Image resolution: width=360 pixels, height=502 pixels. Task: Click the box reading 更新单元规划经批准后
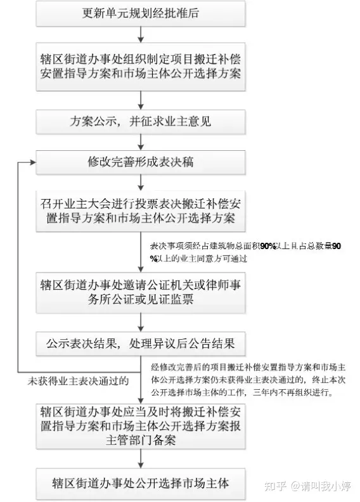(141, 14)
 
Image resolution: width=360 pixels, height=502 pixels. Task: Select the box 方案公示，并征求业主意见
(141, 122)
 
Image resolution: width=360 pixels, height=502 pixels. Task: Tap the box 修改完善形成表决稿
(141, 162)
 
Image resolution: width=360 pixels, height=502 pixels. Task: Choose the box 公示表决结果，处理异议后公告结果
(141, 344)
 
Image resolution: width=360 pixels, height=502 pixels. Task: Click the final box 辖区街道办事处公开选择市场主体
(141, 484)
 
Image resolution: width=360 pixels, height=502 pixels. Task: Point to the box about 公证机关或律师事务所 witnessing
(141, 292)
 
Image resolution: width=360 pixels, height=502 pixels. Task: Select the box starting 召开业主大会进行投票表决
(141, 211)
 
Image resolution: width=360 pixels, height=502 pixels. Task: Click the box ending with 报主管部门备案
(141, 426)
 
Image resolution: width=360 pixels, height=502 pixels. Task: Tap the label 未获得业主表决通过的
(78, 381)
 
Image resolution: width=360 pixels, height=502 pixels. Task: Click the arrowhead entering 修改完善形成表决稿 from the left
(33, 162)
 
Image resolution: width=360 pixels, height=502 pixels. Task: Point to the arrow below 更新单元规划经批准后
(141, 35)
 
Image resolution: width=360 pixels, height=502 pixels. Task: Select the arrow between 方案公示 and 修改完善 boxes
(141, 142)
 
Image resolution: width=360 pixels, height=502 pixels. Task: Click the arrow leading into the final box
(141, 459)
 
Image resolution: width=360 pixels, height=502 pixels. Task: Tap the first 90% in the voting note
(268, 246)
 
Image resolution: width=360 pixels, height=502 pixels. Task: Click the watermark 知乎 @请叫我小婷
(307, 486)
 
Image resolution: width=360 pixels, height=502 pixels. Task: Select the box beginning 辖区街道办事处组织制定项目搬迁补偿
(141, 67)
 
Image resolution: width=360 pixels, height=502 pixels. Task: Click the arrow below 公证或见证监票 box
(141, 323)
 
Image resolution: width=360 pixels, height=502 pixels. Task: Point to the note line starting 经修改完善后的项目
(248, 367)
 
